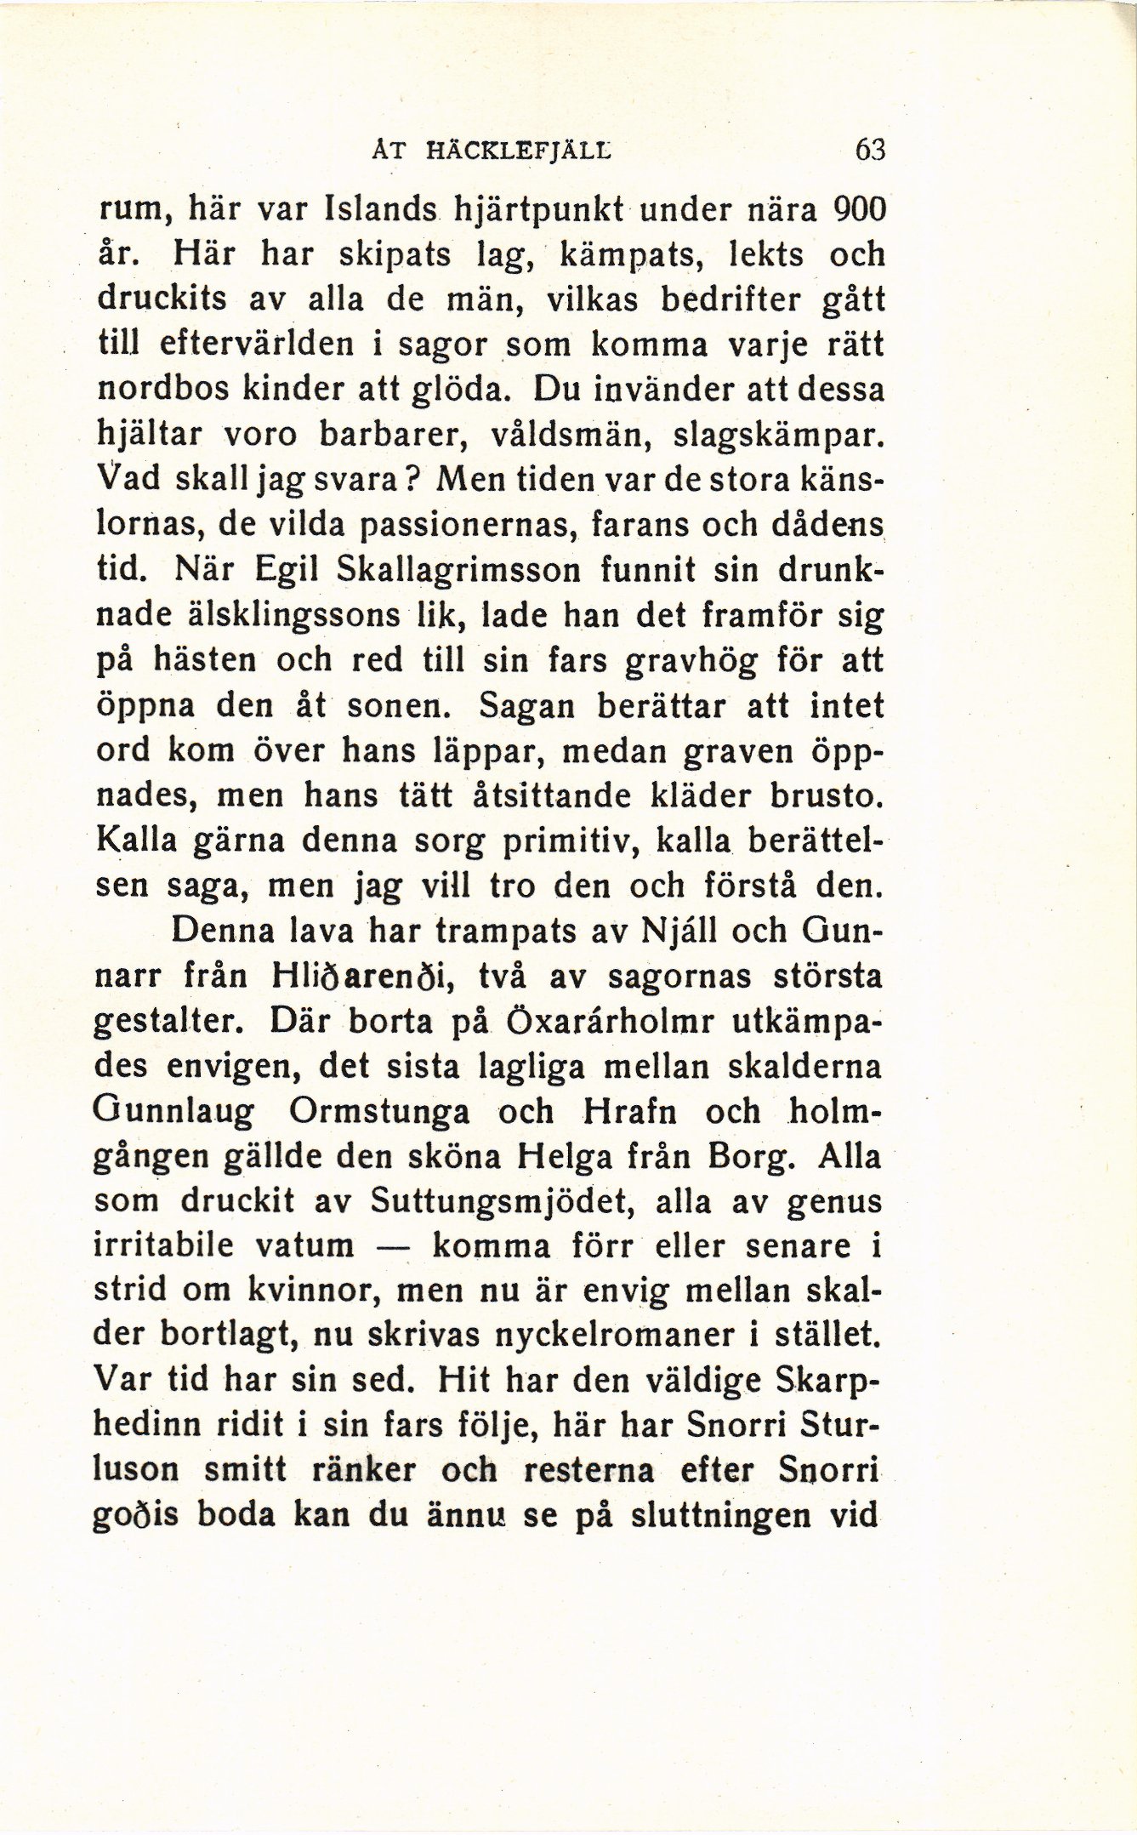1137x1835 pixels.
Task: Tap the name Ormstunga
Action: point(379,1111)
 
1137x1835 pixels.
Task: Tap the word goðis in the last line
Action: point(135,1517)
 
